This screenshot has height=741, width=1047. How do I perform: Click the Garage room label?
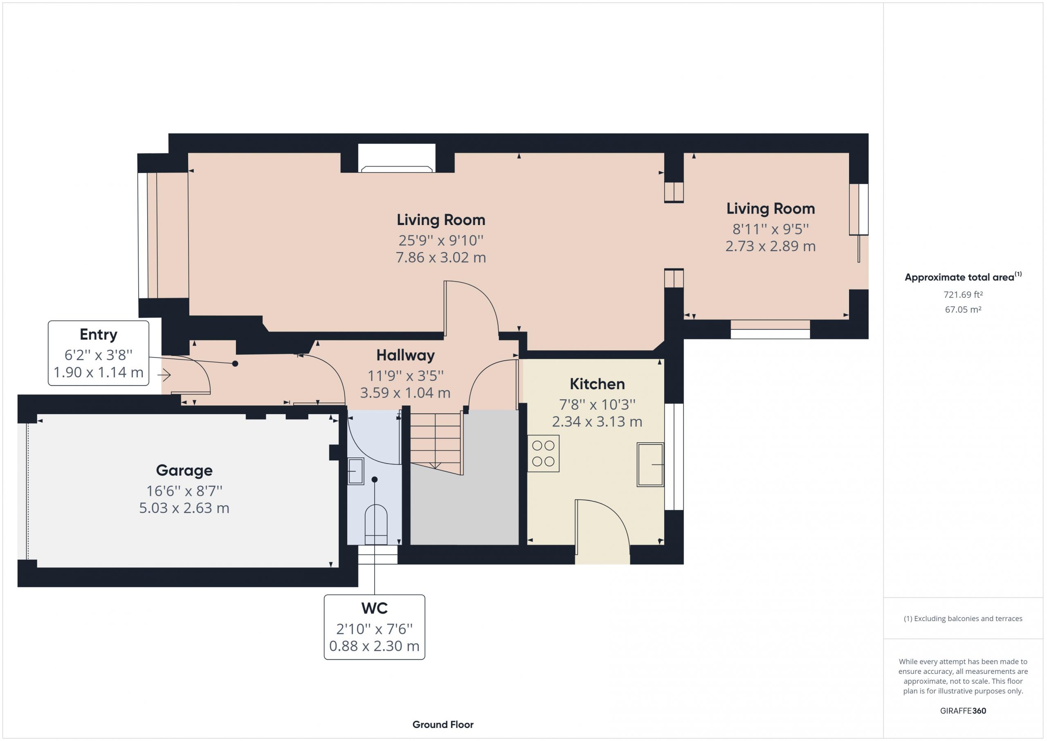coord(184,471)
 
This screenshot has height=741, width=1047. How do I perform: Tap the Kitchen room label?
coord(597,384)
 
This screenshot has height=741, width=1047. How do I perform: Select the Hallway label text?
coord(405,356)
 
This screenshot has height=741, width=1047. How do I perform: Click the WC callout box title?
coord(374,608)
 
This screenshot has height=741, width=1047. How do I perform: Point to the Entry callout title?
coord(99,334)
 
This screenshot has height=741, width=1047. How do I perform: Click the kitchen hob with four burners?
coord(543,453)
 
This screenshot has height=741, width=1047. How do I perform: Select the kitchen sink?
coord(650,464)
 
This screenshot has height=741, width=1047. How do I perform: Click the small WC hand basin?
coord(356,471)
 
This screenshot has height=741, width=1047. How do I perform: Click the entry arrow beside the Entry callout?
coord(164,375)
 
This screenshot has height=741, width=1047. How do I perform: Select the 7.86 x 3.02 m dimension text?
coord(440,257)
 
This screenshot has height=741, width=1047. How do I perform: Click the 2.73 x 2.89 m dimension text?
coord(770,246)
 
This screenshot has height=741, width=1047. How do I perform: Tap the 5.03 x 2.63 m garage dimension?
coord(184,508)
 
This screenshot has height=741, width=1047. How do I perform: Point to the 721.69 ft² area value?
coord(963,295)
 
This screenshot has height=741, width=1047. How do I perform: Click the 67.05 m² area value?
coord(963,309)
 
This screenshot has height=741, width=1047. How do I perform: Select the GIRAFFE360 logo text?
coord(963,710)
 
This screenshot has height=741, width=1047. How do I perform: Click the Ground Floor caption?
coord(443,725)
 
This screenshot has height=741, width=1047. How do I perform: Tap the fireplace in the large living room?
coord(397,158)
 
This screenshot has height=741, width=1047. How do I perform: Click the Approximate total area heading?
coord(963,277)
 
